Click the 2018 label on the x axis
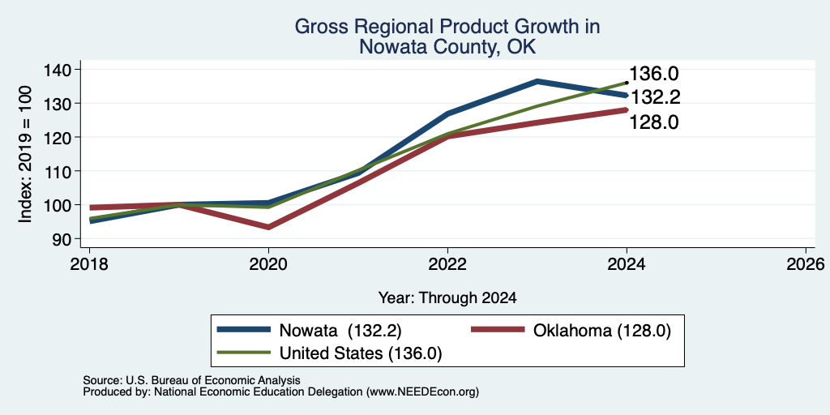89,263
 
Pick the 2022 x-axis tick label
447,263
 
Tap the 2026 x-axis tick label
806,263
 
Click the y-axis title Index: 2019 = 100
25,154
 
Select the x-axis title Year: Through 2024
447,298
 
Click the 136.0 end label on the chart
654,74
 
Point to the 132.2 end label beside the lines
655,97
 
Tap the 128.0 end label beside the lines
654,122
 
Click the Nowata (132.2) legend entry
310,331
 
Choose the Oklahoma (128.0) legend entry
571,331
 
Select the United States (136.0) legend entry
330,353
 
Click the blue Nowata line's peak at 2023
537,81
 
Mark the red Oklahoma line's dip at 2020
268,227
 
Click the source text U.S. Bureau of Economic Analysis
213,380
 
